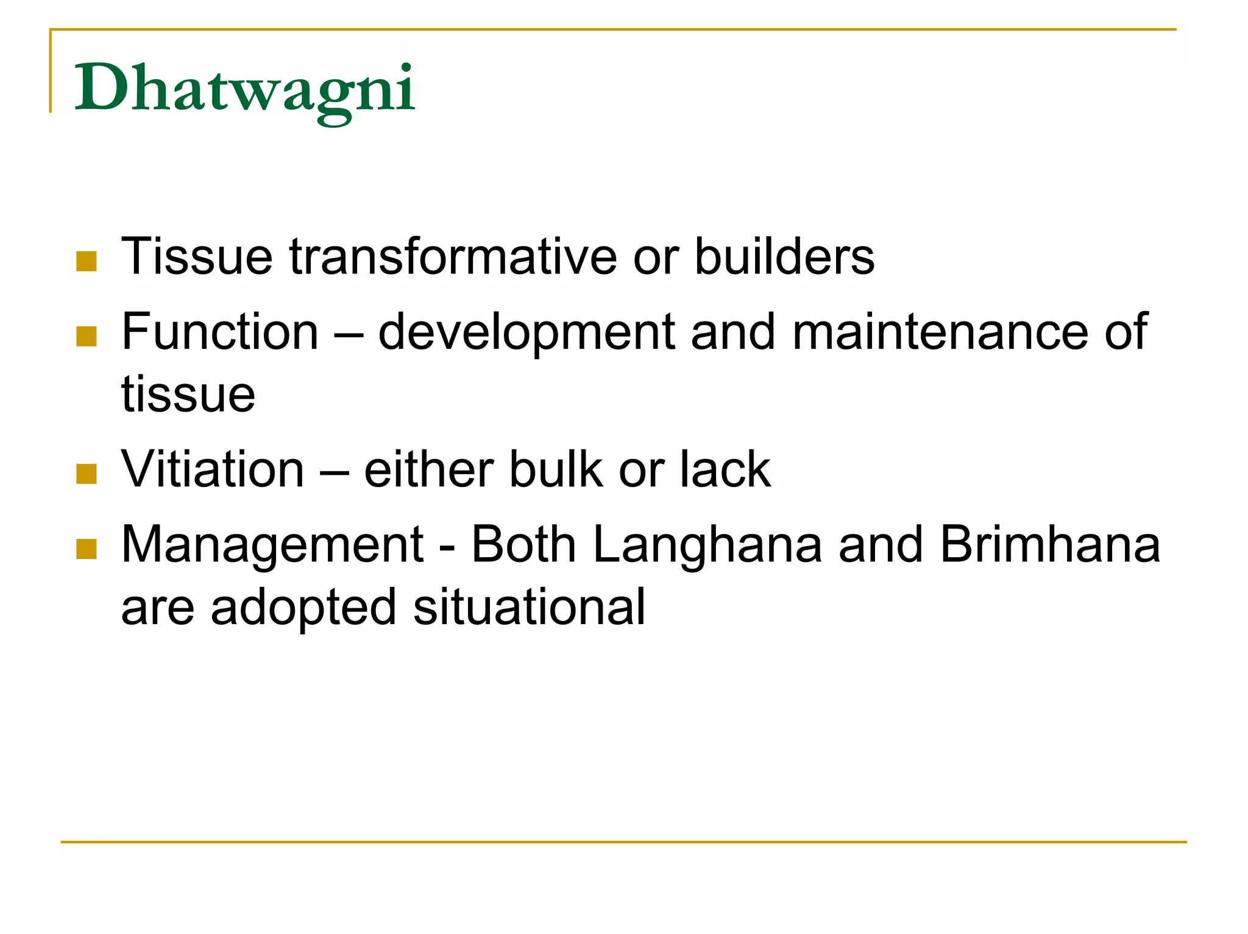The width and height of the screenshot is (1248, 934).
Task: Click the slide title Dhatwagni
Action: pos(244,89)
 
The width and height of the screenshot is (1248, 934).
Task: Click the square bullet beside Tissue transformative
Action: pos(87,261)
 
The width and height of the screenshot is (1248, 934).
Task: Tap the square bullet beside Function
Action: pos(87,336)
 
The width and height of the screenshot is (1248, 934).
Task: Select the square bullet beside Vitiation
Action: pos(87,474)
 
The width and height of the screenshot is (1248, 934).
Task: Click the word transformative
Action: pos(453,256)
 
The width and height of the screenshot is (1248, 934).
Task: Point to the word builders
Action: pos(784,256)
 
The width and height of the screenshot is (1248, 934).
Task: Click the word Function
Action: pos(220,332)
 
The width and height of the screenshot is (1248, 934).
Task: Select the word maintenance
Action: pos(940,332)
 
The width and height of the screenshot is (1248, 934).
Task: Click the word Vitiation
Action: pos(213,469)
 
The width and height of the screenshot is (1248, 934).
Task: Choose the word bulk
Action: pos(555,469)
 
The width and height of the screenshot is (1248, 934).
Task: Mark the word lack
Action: pos(725,469)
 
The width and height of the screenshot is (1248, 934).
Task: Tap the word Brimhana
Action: pos(1050,544)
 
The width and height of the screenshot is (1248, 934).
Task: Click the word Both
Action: pos(523,544)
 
